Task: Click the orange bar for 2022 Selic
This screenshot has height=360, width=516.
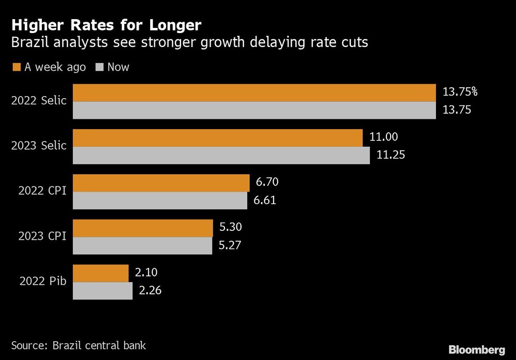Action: (x=254, y=92)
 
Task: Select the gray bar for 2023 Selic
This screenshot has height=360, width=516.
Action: (x=221, y=155)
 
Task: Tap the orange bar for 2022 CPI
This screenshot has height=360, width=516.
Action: (x=161, y=183)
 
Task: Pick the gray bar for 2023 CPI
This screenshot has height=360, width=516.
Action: (x=142, y=246)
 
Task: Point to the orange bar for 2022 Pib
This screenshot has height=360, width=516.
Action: (x=101, y=273)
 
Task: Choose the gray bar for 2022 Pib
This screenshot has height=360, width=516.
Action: (x=103, y=291)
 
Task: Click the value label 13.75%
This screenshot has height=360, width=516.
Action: (x=460, y=92)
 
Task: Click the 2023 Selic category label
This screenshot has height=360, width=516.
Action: (x=39, y=146)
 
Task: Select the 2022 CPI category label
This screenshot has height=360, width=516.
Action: (x=42, y=191)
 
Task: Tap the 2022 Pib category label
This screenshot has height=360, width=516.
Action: (x=43, y=281)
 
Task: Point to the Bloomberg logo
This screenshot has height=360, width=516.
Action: (x=477, y=350)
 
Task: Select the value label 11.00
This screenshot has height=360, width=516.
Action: (x=383, y=137)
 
